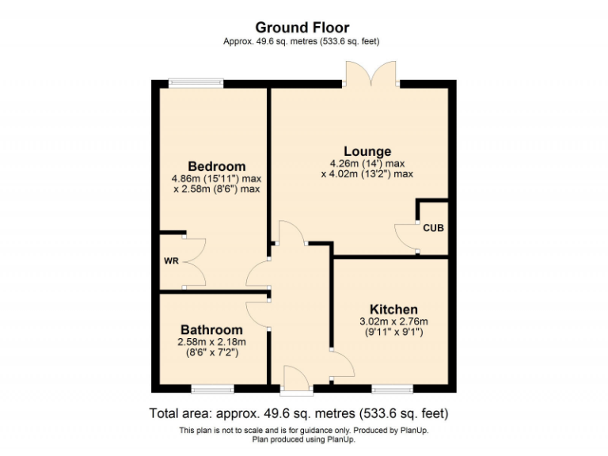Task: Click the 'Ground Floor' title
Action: (303, 28)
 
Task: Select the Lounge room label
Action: (367, 151)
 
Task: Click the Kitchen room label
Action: (393, 309)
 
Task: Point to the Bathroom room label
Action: (211, 329)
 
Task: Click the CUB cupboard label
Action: (433, 228)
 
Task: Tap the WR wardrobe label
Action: (170, 260)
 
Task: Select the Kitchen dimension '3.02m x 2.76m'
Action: (393, 321)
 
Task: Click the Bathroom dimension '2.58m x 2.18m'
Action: (211, 342)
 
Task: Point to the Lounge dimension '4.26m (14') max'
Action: (367, 164)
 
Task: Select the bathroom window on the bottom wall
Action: (212, 388)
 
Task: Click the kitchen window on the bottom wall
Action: (393, 388)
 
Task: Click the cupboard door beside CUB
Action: (406, 238)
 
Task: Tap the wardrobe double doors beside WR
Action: (194, 260)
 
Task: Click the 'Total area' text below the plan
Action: (299, 412)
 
